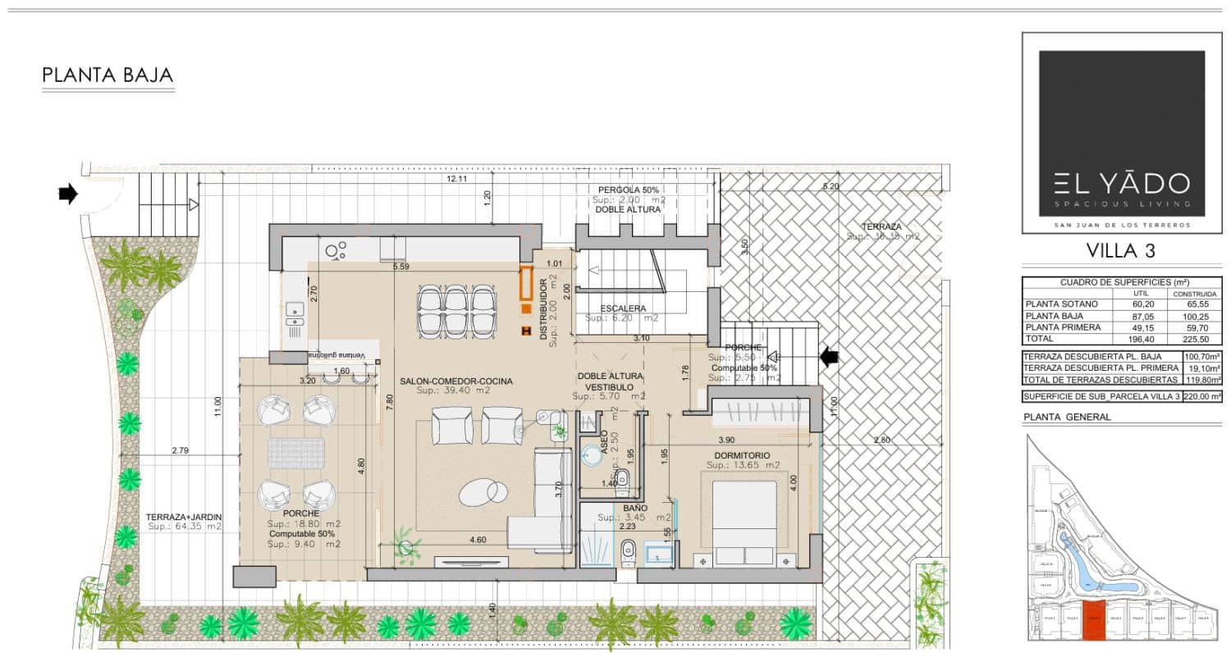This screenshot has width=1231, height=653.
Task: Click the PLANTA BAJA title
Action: point(108,75)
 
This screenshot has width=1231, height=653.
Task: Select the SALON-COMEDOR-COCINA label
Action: point(456,381)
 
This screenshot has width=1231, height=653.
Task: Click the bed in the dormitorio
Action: point(744,521)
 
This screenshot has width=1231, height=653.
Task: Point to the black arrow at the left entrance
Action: point(68,194)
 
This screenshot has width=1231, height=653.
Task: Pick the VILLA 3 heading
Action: point(1121,251)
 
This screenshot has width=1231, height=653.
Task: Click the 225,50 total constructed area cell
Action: point(1194,338)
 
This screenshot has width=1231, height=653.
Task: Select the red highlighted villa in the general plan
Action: point(1092,625)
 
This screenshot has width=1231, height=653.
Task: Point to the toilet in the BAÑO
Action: point(628,553)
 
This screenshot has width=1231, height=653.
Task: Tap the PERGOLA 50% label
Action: point(629,190)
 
